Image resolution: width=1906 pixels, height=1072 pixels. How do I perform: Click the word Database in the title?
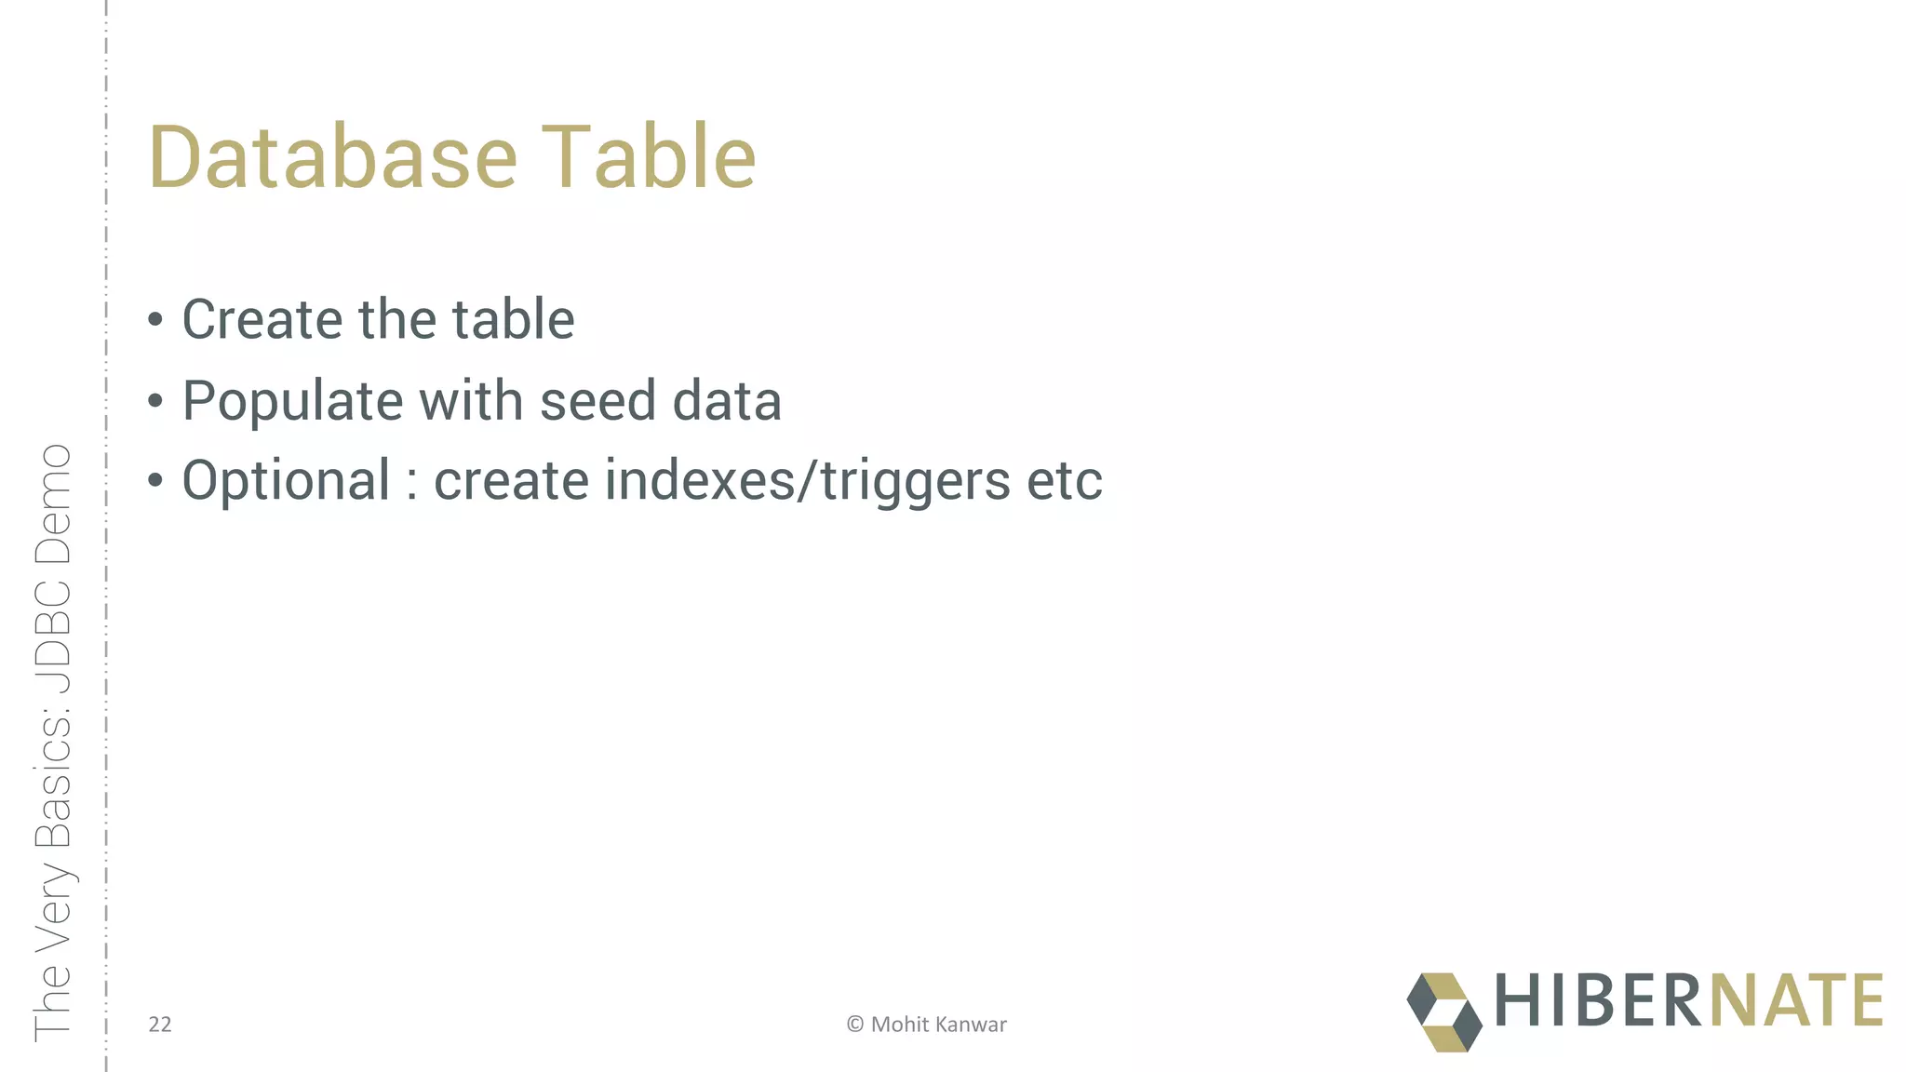coord(332,157)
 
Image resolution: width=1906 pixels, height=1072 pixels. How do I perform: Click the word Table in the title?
coord(649,157)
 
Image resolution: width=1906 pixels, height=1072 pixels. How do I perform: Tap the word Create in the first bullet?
coord(262,319)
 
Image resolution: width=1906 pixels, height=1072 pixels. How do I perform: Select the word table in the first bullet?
coord(513,319)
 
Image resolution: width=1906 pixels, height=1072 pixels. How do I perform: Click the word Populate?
coord(291,401)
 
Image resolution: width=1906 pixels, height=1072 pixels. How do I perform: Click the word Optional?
coord(286,481)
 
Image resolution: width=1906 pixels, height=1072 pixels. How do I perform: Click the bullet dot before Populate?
coord(155,401)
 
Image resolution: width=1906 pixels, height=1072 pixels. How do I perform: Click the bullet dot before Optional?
coord(155,481)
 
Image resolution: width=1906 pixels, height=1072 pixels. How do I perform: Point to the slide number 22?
coord(160,1025)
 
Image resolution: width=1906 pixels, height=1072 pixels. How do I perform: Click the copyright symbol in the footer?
coord(854,1025)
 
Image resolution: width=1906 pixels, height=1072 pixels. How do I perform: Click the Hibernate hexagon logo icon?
coord(1443,1012)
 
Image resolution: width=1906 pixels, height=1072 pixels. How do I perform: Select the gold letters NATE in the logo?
coord(1795,1000)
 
